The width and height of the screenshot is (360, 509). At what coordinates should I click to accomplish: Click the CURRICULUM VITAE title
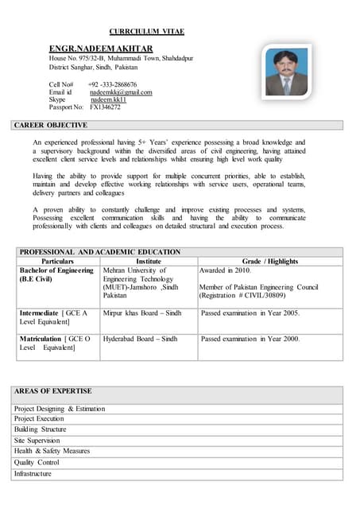[146, 31]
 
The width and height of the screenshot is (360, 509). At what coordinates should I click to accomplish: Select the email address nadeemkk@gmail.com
[120, 92]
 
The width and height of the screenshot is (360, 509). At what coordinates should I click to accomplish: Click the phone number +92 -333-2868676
[112, 84]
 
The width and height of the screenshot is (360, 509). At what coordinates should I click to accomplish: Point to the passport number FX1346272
[105, 107]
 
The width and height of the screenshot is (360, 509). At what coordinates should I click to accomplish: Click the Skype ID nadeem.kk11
[108, 100]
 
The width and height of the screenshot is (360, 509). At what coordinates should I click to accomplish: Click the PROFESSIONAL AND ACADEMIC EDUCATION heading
[100, 252]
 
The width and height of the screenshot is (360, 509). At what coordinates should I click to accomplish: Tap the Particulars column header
[57, 261]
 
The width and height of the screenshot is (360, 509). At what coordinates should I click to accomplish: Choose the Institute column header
[149, 261]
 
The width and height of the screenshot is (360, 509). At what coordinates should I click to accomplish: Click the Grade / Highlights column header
[269, 261]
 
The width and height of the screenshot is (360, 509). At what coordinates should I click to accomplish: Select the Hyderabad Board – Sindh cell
[141, 339]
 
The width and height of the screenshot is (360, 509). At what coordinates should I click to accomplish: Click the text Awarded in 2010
[225, 270]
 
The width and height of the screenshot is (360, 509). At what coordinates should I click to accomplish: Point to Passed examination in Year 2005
[250, 313]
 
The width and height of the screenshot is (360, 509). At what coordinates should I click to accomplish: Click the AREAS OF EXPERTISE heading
[53, 391]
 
